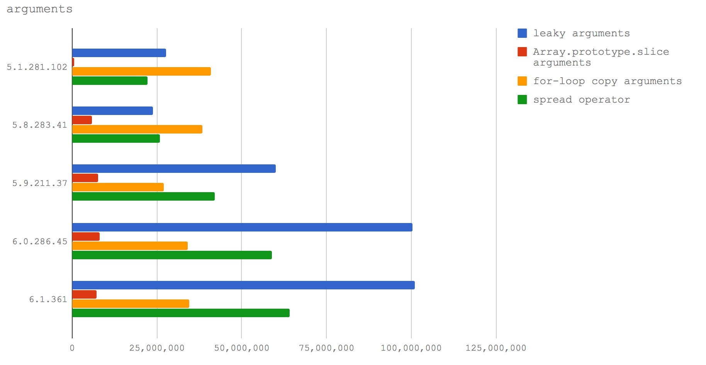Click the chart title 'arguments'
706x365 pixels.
(x=39, y=9)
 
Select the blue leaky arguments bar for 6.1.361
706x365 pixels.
(x=243, y=285)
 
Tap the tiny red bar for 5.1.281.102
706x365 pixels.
(x=73, y=62)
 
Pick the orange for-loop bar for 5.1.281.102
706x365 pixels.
(x=141, y=71)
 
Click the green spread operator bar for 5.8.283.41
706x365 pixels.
(x=116, y=139)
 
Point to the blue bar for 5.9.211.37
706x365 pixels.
(x=174, y=169)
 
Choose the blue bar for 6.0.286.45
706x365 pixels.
(x=242, y=227)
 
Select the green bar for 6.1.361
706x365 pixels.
(x=181, y=313)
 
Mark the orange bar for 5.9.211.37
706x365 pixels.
(x=118, y=187)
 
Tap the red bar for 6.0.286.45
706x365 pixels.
(x=86, y=237)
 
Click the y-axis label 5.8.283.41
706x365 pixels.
(x=39, y=125)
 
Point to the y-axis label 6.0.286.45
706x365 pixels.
(x=39, y=242)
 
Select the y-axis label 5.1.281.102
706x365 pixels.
(x=37, y=67)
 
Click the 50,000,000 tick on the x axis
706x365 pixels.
(x=241, y=348)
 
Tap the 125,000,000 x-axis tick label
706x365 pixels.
(x=496, y=348)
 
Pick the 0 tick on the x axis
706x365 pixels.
(x=72, y=348)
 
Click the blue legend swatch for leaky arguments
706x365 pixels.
(x=522, y=33)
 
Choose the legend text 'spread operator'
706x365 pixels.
(x=581, y=100)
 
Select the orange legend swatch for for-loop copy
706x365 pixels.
(x=522, y=81)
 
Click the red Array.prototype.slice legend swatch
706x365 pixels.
(x=522, y=52)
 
